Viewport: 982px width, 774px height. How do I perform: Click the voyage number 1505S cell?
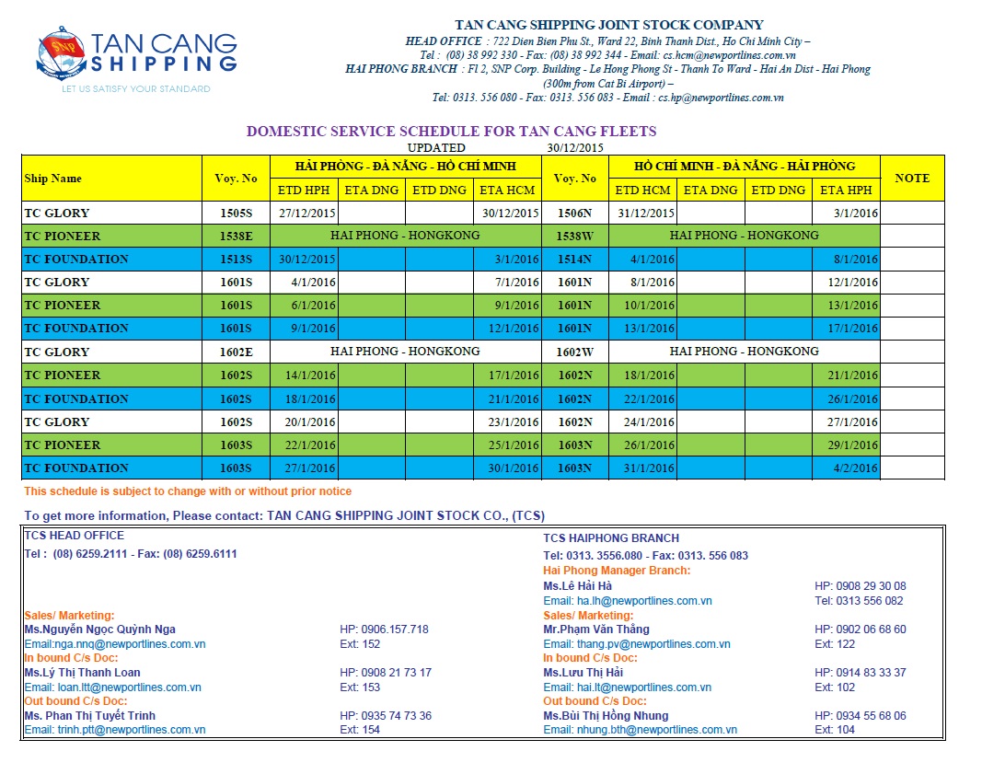[x=237, y=214]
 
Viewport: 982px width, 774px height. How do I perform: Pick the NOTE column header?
[x=911, y=179]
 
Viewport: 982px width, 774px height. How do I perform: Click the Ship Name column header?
[x=53, y=179]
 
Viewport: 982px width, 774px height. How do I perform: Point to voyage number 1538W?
[x=575, y=236]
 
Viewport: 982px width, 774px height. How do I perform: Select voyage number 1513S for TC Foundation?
[x=237, y=260]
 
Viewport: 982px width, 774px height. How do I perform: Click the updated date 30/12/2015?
[x=575, y=147]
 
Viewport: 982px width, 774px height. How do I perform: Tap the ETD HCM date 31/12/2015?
[x=643, y=214]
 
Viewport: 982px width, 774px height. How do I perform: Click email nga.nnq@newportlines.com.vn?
[x=115, y=644]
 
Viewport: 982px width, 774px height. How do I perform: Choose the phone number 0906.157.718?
[x=384, y=630]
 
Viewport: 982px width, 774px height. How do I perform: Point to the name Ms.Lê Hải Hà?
[x=577, y=586]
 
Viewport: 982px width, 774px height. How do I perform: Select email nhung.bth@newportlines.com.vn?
[x=640, y=730]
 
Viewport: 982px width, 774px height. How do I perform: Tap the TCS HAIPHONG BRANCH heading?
[x=611, y=538]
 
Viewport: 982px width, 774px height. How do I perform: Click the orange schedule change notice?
[x=188, y=491]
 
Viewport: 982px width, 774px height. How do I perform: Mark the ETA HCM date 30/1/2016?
[x=509, y=468]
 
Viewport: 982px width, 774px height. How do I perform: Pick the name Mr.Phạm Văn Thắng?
[x=596, y=630]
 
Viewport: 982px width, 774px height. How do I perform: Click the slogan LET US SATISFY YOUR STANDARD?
[x=136, y=89]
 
